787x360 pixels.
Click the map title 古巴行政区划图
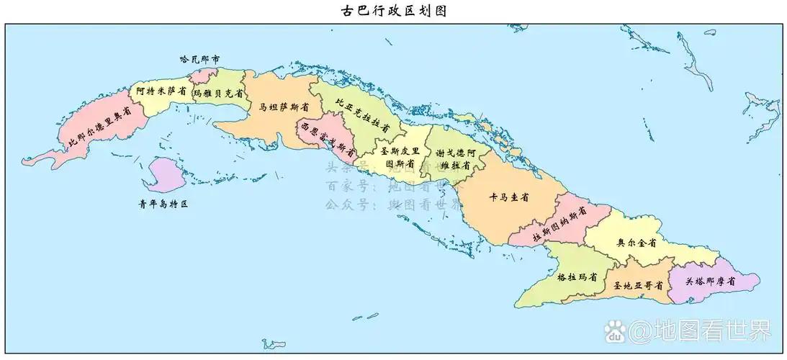point(392,11)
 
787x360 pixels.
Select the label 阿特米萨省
point(161,91)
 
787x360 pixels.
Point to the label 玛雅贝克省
point(212,93)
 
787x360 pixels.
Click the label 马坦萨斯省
point(279,106)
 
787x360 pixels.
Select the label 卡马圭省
point(509,197)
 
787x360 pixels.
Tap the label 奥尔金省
point(637,243)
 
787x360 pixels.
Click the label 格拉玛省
point(577,276)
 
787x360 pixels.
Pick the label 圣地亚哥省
point(637,285)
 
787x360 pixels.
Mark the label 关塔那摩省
point(710,282)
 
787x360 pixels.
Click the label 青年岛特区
point(163,204)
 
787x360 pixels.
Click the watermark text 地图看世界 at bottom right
point(700,331)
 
